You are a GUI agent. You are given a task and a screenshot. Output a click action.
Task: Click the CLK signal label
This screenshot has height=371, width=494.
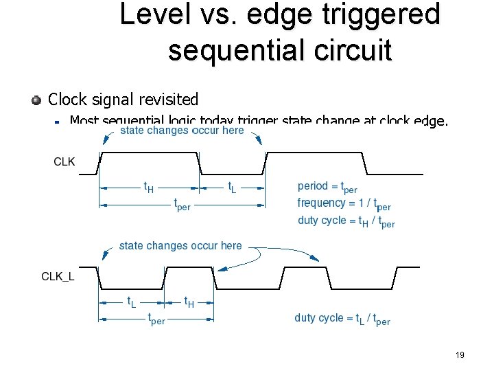[64, 162]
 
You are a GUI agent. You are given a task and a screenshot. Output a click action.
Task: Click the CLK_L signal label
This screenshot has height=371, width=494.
[58, 277]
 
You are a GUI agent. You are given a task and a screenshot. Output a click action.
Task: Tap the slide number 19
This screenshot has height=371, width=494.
[460, 355]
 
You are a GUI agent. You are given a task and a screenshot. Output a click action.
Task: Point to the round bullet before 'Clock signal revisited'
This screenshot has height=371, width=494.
[36, 100]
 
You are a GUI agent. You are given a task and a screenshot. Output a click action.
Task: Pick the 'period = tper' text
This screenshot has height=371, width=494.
[327, 186]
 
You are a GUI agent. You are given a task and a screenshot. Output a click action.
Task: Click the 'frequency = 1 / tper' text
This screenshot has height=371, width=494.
[344, 203]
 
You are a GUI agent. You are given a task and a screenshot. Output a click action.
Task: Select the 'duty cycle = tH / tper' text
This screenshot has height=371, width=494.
[346, 221]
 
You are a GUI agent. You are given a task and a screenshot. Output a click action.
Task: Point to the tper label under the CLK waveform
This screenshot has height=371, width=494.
[182, 205]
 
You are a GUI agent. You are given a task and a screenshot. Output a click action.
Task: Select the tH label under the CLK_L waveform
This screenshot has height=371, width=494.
[189, 302]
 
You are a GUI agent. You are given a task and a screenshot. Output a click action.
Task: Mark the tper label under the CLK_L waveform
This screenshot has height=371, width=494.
[156, 319]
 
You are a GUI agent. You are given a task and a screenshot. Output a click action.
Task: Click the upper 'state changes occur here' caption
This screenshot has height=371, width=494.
[182, 131]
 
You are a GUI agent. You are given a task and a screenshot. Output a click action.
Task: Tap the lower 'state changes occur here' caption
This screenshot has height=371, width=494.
[180, 245]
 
